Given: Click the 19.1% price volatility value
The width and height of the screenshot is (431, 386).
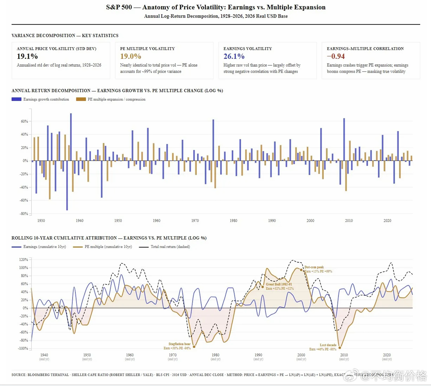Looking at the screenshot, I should [x=27, y=56].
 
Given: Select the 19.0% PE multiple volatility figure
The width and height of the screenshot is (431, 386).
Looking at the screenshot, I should [x=130, y=56].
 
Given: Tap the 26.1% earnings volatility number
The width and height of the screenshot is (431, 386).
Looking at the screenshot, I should [x=234, y=56].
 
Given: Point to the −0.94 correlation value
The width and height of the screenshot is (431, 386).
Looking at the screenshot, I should [x=336, y=56].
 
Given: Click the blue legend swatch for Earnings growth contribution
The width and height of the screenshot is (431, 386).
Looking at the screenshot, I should [x=16, y=99].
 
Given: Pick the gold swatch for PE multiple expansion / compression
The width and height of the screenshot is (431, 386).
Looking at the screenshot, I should [x=81, y=99].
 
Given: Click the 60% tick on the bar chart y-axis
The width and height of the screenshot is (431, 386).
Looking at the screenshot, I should [x=24, y=121].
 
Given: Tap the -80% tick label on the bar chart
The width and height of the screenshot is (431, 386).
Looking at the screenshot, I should [x=24, y=214].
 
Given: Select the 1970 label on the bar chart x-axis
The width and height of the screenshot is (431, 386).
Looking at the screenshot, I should [x=195, y=221].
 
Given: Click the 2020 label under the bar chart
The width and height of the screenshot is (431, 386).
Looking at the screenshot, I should [x=387, y=221].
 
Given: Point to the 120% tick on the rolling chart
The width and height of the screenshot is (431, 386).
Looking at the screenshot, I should [x=23, y=260].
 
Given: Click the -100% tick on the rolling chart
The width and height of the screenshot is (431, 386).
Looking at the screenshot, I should [x=23, y=348].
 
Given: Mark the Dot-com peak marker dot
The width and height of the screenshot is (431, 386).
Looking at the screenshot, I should [x=301, y=270].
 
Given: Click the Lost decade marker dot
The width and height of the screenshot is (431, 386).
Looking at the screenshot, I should [x=340, y=348].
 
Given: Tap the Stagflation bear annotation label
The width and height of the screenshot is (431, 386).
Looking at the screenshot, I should [x=179, y=344].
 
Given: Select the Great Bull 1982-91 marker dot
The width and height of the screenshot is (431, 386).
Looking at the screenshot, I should [x=263, y=287].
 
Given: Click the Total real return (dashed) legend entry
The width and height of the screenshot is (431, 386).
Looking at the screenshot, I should [x=170, y=247].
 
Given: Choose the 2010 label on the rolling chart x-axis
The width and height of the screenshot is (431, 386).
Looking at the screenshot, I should [x=344, y=355].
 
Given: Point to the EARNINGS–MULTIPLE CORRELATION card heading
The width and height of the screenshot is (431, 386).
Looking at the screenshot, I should [x=365, y=49].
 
